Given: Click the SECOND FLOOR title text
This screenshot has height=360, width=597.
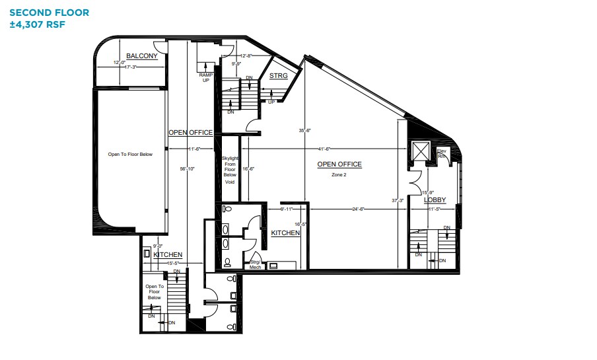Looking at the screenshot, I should [x=50, y=13].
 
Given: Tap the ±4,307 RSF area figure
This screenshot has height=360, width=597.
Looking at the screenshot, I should [x=38, y=24].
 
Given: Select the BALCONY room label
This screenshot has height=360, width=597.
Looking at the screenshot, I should [x=142, y=56].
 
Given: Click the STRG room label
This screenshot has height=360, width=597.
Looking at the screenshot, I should [x=278, y=76].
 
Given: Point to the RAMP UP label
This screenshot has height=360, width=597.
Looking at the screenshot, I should [x=205, y=78].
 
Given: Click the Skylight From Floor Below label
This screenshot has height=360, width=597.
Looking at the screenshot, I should [x=229, y=170].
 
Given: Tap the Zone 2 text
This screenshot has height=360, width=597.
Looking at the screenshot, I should [x=339, y=174].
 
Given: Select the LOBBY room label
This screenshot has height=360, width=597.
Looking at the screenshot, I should [x=435, y=199].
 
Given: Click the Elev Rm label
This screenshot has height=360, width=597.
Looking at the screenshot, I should [x=442, y=156].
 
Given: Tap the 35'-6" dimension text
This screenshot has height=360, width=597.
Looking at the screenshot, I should [x=304, y=131].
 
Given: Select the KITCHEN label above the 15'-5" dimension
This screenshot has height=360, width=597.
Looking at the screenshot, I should [x=168, y=254].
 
